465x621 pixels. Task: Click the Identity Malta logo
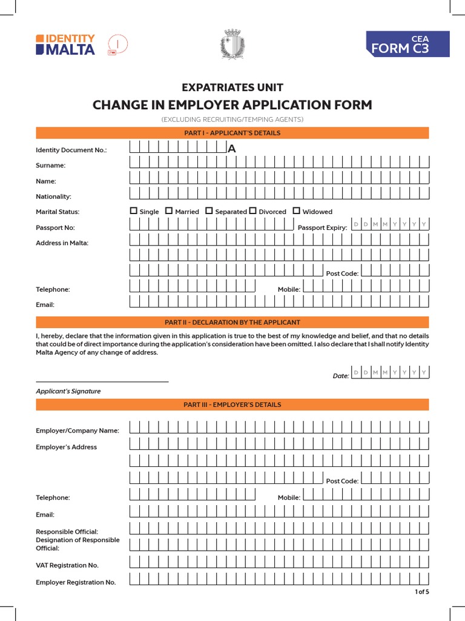coord(65,44)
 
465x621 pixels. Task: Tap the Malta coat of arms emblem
coord(232,44)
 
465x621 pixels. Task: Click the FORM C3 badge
coord(407,45)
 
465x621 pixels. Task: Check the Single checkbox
coord(134,211)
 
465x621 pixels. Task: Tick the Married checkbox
coord(170,211)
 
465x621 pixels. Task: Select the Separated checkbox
coord(209,211)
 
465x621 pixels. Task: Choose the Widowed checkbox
coord(297,211)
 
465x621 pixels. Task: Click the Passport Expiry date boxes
coord(390,224)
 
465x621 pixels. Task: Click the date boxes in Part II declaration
coord(390,372)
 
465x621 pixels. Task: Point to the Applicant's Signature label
coord(68,391)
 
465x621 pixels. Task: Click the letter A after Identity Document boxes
coord(231,149)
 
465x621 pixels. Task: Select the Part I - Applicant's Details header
coord(232,133)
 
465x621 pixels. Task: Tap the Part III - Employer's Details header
coord(232,404)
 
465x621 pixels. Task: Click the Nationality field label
coord(54,196)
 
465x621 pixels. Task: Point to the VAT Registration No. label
coord(67,565)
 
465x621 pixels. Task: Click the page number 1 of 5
coord(421,592)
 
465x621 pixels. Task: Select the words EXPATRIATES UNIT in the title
coord(232,87)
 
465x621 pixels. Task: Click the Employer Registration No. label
coord(76,582)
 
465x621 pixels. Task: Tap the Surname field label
coord(51,165)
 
